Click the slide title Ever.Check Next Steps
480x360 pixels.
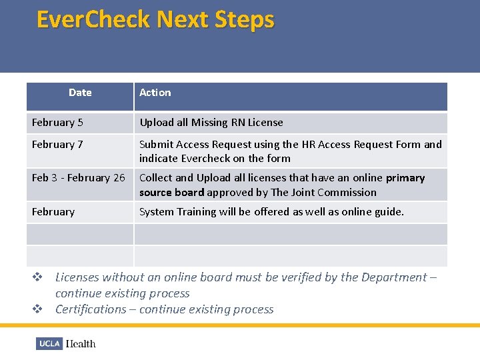pyautogui.click(x=155, y=19)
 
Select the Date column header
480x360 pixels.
pyautogui.click(x=80, y=93)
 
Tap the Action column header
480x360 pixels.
pyautogui.click(x=155, y=93)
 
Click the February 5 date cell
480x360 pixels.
pyautogui.click(x=57, y=123)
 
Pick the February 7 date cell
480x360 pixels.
pyautogui.click(x=57, y=145)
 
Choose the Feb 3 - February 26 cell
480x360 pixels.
pyautogui.click(x=78, y=178)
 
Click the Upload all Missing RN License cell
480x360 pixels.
pyautogui.click(x=211, y=123)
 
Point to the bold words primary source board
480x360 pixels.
pyautogui.click(x=171, y=193)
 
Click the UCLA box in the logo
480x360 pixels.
pyautogui.click(x=49, y=344)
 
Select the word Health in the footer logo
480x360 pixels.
pyautogui.click(x=81, y=344)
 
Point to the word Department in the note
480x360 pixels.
pyautogui.click(x=383, y=277)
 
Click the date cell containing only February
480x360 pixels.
pyautogui.click(x=53, y=212)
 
